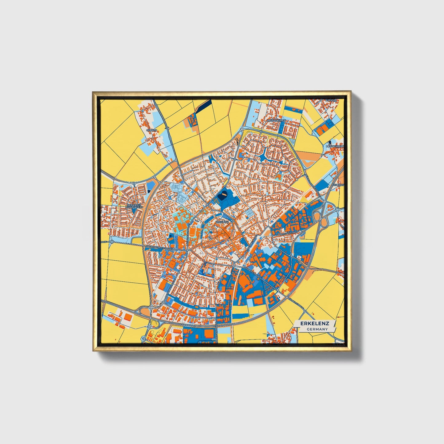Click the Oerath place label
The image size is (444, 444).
[151, 130]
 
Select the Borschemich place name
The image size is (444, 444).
[277, 121]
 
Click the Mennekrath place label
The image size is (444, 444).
[335, 146]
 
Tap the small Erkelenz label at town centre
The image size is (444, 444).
[222, 221]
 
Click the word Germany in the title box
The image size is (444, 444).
[317, 329]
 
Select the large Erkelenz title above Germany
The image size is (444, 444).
[315, 323]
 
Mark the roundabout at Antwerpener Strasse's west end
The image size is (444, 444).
[112, 242]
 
